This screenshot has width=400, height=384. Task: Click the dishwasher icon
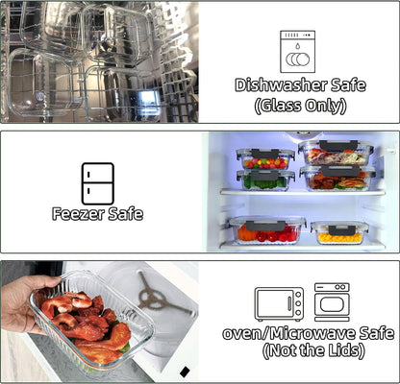coord(298,52)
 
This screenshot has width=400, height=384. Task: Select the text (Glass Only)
coord(300,106)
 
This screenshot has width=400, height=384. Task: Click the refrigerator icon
coord(98,183)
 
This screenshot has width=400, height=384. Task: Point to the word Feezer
coord(78,214)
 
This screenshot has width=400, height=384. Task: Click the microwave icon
coord(279,304)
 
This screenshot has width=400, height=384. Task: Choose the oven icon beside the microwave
coord(332,302)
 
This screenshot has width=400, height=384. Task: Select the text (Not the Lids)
coord(313,350)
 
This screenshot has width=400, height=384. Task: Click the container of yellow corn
coord(339,233)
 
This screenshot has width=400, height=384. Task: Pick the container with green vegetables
coord(265,180)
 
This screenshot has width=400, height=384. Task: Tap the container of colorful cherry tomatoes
coord(265,159)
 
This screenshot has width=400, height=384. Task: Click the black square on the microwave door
coord(185,372)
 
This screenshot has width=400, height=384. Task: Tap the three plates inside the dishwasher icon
coord(298,60)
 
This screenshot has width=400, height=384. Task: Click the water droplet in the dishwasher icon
coord(298,46)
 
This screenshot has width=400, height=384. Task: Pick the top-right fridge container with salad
coord(336,154)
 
